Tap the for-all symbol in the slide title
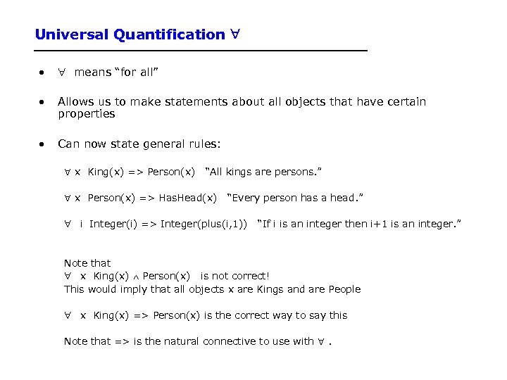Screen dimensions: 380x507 [235, 34]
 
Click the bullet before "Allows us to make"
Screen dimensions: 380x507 [44, 102]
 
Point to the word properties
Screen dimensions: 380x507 [86, 113]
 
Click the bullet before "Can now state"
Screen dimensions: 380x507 [44, 144]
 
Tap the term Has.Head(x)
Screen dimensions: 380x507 [187, 198]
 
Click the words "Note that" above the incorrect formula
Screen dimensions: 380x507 [87, 263]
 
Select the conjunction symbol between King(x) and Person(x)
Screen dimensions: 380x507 [136, 277]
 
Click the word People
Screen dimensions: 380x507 [342, 289]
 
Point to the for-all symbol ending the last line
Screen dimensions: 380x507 [321, 341]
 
